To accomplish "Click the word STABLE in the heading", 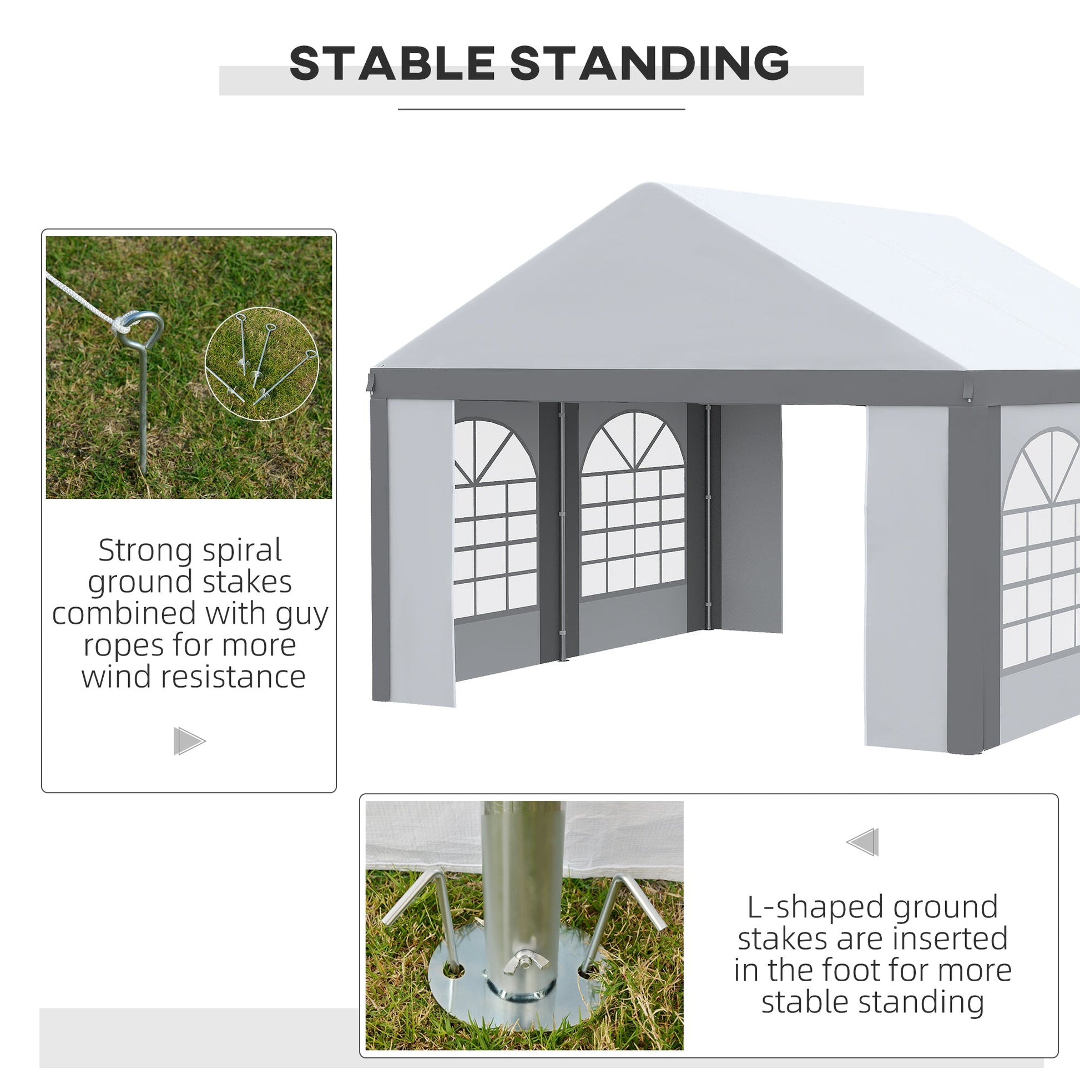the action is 392,63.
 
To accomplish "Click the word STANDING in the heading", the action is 649,63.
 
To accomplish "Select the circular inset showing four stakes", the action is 261,364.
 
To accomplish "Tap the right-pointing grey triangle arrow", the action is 189,741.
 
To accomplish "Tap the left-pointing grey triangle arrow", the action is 862,842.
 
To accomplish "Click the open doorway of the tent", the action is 824,570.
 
